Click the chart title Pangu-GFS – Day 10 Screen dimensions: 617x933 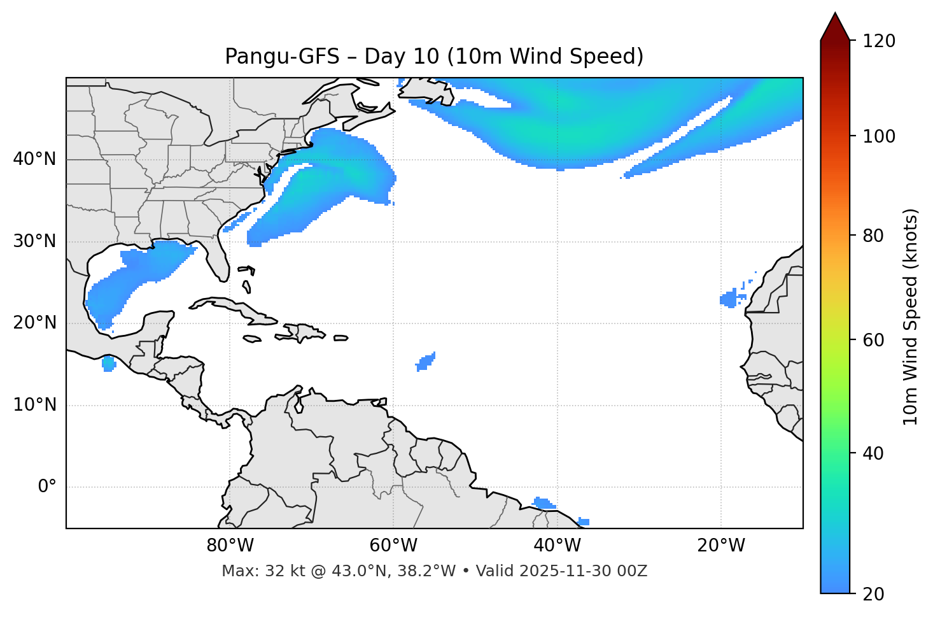point(434,57)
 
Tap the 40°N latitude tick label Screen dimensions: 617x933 point(34,159)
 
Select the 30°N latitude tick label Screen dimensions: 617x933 point(34,241)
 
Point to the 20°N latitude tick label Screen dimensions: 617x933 point(34,323)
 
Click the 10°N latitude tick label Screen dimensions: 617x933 point(34,405)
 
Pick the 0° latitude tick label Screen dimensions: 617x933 point(47,487)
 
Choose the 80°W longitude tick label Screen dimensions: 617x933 point(230,546)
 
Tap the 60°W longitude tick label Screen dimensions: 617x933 point(393,546)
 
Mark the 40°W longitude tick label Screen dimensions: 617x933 point(557,546)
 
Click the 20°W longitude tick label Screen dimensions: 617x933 point(721,546)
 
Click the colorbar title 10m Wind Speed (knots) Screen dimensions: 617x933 point(911,316)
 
